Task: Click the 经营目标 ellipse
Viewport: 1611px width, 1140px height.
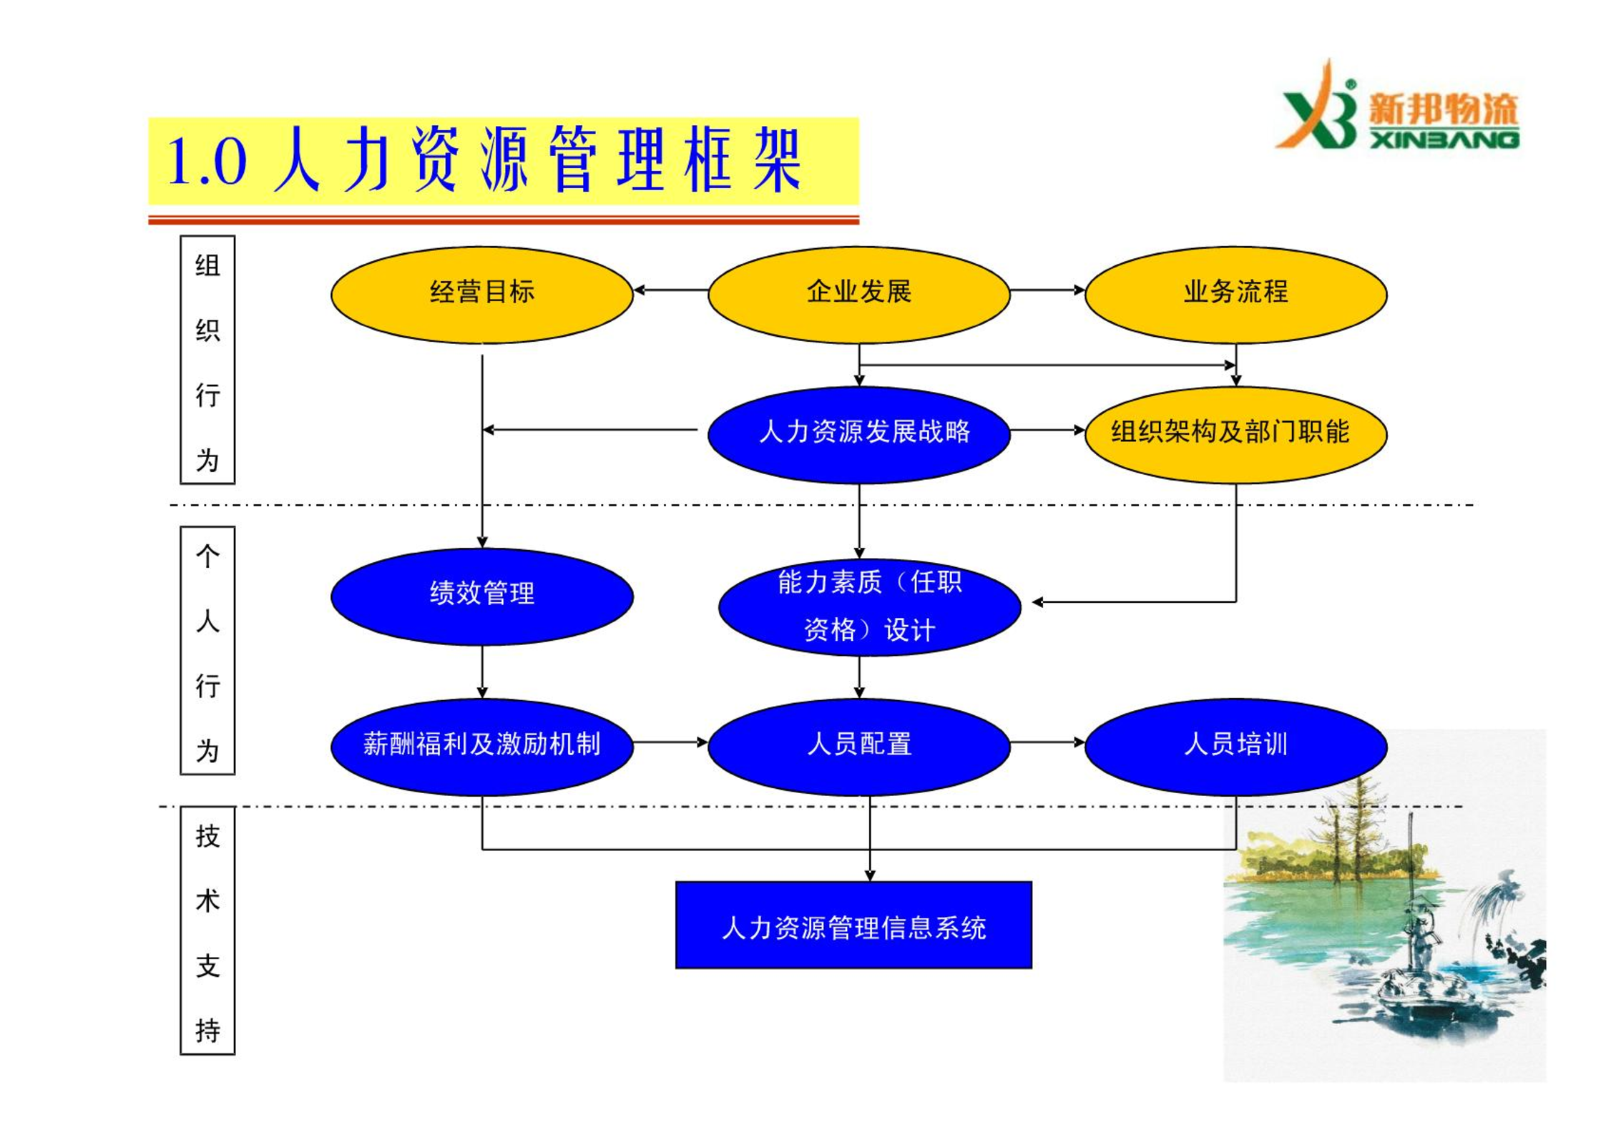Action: (481, 295)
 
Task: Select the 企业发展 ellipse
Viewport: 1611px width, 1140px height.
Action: (858, 295)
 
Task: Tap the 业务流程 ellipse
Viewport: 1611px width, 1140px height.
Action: (1235, 295)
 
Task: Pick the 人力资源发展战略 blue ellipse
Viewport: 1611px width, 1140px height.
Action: (858, 435)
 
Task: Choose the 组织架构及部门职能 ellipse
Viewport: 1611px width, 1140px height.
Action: (1235, 435)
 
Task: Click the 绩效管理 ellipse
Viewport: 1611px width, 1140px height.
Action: (481, 596)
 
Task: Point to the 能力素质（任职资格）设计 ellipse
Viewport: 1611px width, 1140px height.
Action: (869, 607)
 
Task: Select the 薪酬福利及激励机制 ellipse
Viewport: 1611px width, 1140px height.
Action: (481, 747)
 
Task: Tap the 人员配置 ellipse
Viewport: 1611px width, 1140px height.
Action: (858, 747)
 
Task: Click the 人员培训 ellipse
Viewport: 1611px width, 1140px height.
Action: (1235, 747)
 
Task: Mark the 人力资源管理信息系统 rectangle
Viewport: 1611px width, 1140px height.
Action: (853, 925)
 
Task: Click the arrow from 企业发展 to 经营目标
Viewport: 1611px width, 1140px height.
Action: (671, 290)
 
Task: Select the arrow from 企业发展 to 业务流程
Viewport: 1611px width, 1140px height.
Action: (1047, 290)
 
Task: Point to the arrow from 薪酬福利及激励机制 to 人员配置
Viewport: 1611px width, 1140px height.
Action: (670, 742)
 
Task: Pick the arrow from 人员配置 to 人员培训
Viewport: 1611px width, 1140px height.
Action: (1047, 742)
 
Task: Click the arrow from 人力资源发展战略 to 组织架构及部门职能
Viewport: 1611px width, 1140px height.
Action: (1047, 430)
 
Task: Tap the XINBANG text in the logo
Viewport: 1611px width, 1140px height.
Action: (1444, 139)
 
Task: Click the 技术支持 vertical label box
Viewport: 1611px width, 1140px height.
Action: (207, 930)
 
